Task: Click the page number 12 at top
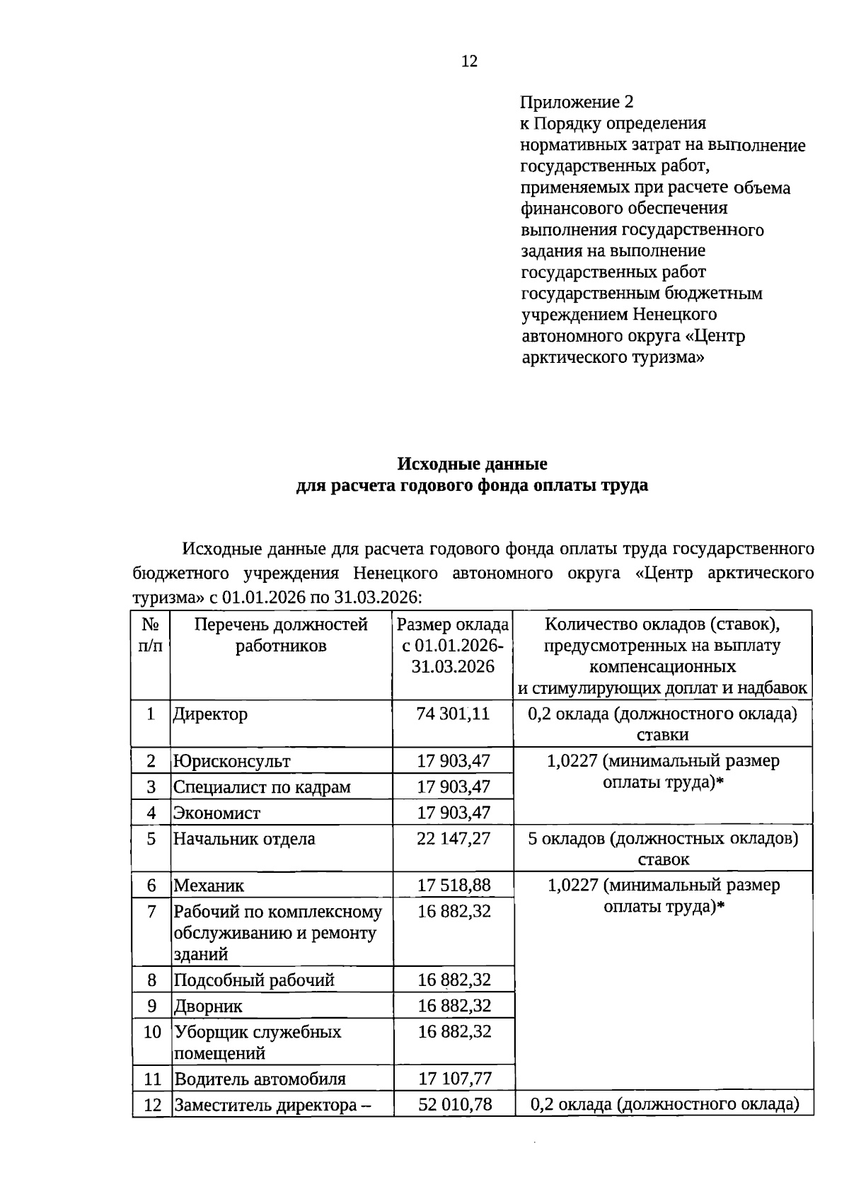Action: coord(469,62)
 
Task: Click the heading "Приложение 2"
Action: coord(577,103)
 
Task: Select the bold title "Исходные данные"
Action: coord(472,465)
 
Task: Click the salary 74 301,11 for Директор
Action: coord(453,714)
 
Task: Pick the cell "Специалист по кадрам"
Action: coord(262,787)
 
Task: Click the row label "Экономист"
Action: coord(217,813)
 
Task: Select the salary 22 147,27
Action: coord(453,839)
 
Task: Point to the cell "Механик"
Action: coord(209,886)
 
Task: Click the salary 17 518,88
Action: coord(453,886)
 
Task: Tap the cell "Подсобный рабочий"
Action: coord(254,980)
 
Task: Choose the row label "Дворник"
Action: coord(208,1006)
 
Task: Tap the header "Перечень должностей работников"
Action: coord(281,635)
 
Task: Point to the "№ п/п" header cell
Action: coord(151,635)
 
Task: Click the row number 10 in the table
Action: coord(152,1032)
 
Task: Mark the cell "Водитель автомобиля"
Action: coord(260,1079)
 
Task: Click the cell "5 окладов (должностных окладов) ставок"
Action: coord(663,849)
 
